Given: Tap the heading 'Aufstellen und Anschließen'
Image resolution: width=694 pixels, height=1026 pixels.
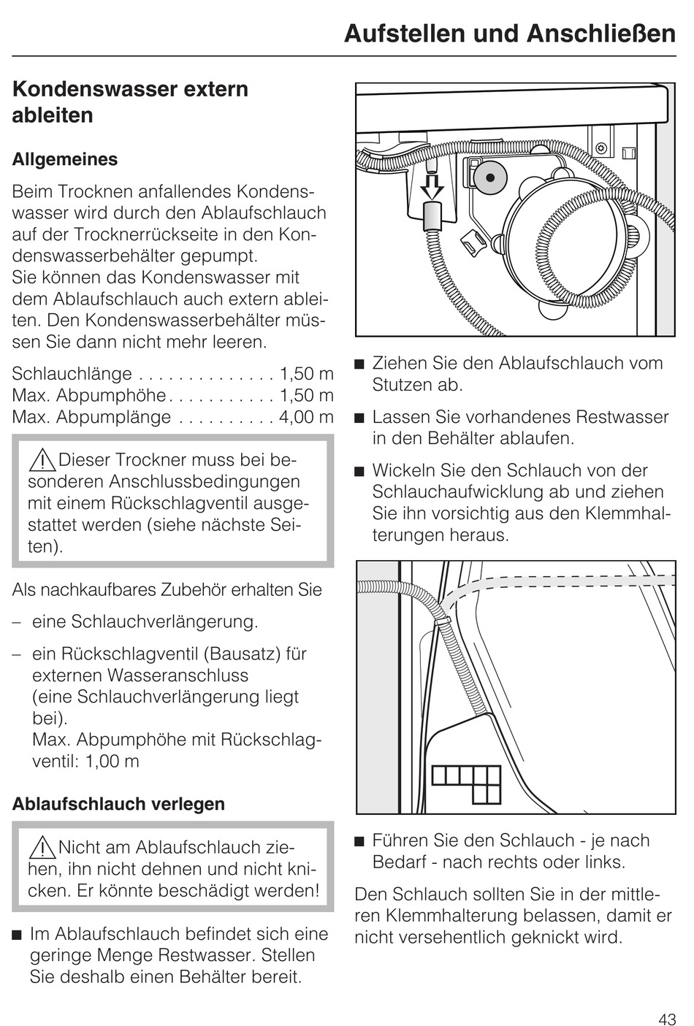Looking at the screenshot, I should (x=510, y=34).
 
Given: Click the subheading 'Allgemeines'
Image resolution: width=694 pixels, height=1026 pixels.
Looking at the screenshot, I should (x=65, y=159).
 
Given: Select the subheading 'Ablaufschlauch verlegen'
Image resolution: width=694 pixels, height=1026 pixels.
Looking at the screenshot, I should (x=118, y=804).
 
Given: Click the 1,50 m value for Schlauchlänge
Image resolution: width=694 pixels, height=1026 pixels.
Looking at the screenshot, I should (x=306, y=374).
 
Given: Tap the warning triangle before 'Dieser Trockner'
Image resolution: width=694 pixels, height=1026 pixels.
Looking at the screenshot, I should (x=42, y=460).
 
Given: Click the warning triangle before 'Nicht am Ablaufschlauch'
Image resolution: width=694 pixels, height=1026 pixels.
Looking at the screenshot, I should (x=42, y=848).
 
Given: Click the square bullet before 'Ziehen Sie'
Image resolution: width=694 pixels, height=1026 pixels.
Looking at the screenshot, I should (x=359, y=364).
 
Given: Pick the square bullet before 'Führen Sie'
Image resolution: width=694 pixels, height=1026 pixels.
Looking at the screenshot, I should (x=359, y=841).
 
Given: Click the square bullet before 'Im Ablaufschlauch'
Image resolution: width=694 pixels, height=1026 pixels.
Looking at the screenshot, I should (x=18, y=935).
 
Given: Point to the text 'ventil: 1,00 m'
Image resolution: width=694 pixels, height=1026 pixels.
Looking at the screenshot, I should (x=85, y=761).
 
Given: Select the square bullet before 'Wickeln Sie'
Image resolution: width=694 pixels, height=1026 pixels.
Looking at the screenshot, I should (x=359, y=471).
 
